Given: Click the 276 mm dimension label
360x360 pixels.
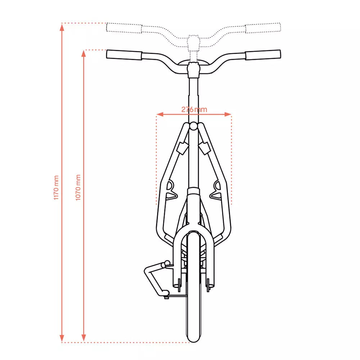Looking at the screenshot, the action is click(194, 109).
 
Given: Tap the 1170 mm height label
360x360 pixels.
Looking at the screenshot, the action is click(56, 188).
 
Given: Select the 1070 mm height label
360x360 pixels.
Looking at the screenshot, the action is click(78, 187).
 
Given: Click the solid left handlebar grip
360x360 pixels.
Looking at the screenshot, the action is click(124, 55).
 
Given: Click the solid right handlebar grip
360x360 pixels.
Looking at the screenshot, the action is click(263, 55).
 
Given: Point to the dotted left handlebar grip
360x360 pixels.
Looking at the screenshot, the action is click(124, 28).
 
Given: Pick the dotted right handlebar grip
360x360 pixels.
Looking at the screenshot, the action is click(263, 28).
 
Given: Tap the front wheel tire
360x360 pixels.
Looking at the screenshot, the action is click(193, 287).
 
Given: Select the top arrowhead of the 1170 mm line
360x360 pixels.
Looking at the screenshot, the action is click(62, 27).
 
